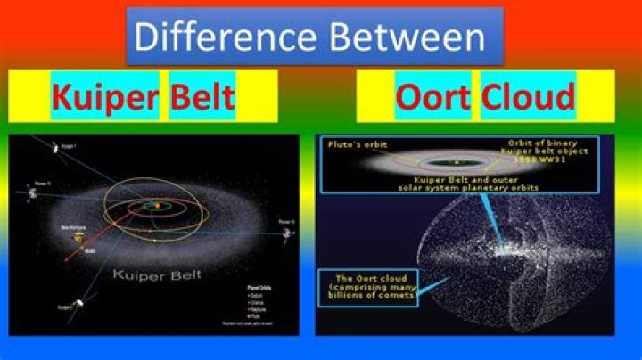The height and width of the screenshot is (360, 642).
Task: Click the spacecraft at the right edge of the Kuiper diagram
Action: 287,231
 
